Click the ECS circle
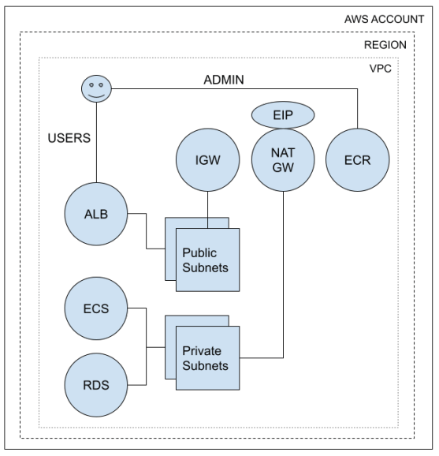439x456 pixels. (x=95, y=308)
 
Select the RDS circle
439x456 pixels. (x=95, y=386)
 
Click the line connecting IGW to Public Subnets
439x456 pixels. (x=207, y=207)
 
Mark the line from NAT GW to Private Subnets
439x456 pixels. (x=283, y=276)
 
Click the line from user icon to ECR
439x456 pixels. (x=236, y=90)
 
